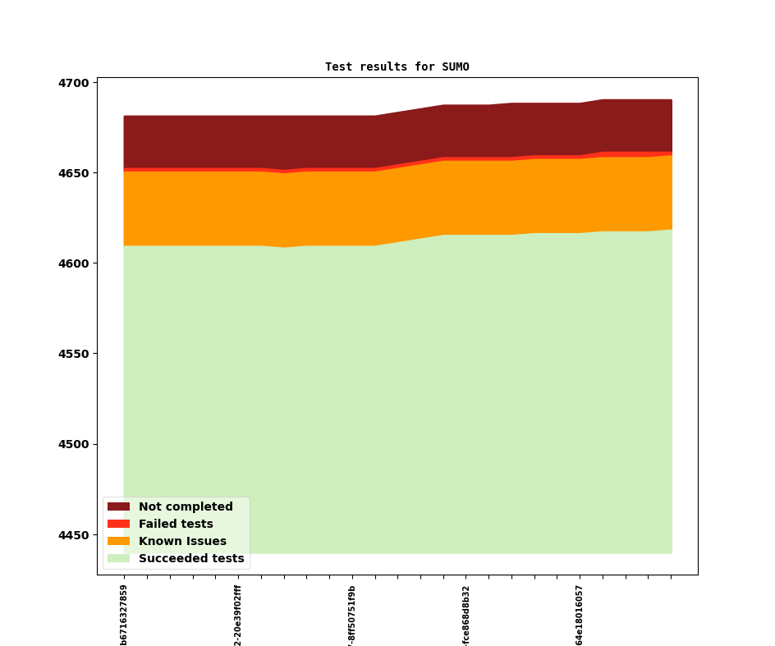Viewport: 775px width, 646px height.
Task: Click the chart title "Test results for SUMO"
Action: [x=397, y=66]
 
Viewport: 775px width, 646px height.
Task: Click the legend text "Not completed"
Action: [x=186, y=506]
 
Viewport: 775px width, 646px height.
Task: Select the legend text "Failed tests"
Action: [x=176, y=524]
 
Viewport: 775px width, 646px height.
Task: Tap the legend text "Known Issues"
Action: [x=182, y=541]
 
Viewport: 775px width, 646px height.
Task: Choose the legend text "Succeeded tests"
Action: [x=191, y=558]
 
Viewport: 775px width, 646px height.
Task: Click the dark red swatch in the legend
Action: [x=118, y=506]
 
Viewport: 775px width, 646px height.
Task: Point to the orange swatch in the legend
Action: [x=118, y=541]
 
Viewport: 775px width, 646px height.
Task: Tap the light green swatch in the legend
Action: [x=118, y=558]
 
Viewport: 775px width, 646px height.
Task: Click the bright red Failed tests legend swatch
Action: [x=118, y=524]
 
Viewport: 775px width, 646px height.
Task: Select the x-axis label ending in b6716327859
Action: [x=124, y=615]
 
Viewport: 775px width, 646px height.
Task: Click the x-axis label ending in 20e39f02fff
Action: [x=238, y=615]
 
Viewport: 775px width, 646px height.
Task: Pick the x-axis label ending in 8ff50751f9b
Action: [x=352, y=615]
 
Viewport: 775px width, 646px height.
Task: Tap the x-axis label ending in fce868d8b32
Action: [x=465, y=615]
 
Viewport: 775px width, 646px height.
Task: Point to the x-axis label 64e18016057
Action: [x=580, y=615]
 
